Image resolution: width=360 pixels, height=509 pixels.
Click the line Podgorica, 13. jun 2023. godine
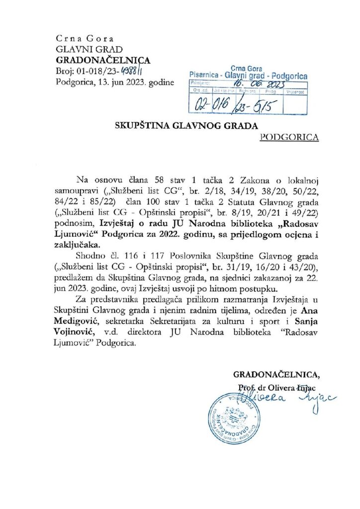[x=115, y=84]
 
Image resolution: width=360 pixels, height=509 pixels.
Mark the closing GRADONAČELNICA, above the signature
[x=277, y=374]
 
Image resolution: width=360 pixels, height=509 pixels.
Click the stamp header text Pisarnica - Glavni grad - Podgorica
[x=248, y=76]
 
